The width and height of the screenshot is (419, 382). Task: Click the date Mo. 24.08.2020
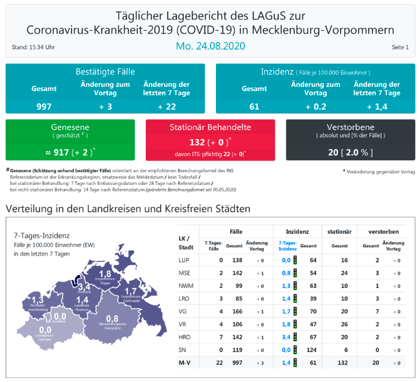210,45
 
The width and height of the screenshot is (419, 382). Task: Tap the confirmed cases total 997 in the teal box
44,106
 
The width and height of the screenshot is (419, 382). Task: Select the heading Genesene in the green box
70,127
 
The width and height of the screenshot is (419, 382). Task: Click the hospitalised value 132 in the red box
197,142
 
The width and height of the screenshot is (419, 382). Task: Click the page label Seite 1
400,47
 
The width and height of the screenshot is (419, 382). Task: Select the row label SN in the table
183,350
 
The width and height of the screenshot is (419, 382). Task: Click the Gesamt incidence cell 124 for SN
313,350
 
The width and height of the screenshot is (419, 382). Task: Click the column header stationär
339,232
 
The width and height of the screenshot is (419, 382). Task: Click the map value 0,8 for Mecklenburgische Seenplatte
113,318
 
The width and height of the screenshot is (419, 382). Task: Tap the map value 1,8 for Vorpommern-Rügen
106,274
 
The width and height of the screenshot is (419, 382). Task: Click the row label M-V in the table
185,363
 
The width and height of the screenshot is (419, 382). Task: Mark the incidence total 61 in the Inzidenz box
254,106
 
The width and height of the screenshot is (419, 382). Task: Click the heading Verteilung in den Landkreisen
127,208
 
